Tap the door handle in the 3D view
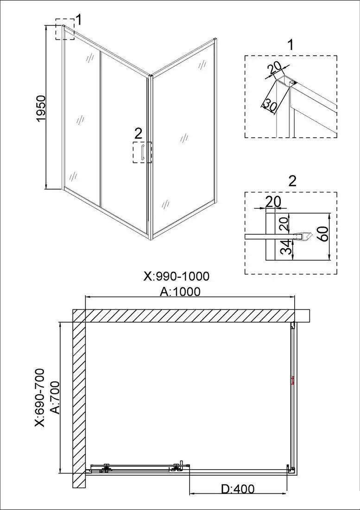point(144,153)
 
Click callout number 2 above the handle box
point(138,134)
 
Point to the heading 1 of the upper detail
point(291,45)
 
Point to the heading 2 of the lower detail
point(292,180)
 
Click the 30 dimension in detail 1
point(270,105)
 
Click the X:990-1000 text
point(177,276)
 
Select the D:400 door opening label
point(237,489)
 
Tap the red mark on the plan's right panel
point(292,382)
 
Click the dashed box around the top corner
point(65,29)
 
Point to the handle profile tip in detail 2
point(305,236)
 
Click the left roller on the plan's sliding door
point(106,468)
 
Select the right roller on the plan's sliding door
point(177,467)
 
